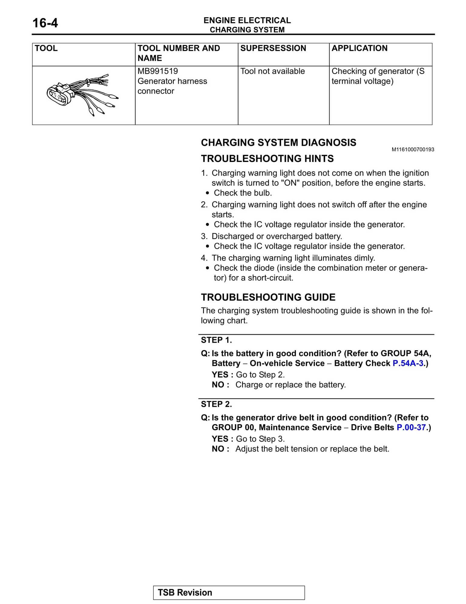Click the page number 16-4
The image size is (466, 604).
coord(45,23)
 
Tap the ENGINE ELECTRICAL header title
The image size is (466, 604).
coord(247,20)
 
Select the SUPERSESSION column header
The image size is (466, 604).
coord(273,48)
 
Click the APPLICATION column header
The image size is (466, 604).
coord(359,48)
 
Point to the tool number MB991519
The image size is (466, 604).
coord(158,71)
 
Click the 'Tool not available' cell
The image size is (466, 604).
coord(272,71)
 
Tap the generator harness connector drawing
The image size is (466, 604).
coord(82,94)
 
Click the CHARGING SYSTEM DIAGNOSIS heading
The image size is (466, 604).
coord(278,143)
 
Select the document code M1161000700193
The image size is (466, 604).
coord(413,149)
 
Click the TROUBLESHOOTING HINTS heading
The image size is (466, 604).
coord(267,159)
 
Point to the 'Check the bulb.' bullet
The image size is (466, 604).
coord(243,193)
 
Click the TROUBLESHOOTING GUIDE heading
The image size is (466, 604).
coord(268,297)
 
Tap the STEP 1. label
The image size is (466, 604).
coord(216,340)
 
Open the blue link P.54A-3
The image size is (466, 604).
coord(408,363)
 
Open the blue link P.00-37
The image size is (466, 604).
coord(411,427)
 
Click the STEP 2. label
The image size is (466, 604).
coord(216,404)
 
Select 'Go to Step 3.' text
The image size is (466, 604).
coord(260,439)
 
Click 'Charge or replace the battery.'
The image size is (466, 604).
coord(290,385)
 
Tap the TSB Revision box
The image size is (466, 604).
coord(229,592)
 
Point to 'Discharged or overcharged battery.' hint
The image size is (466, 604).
coord(277,236)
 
